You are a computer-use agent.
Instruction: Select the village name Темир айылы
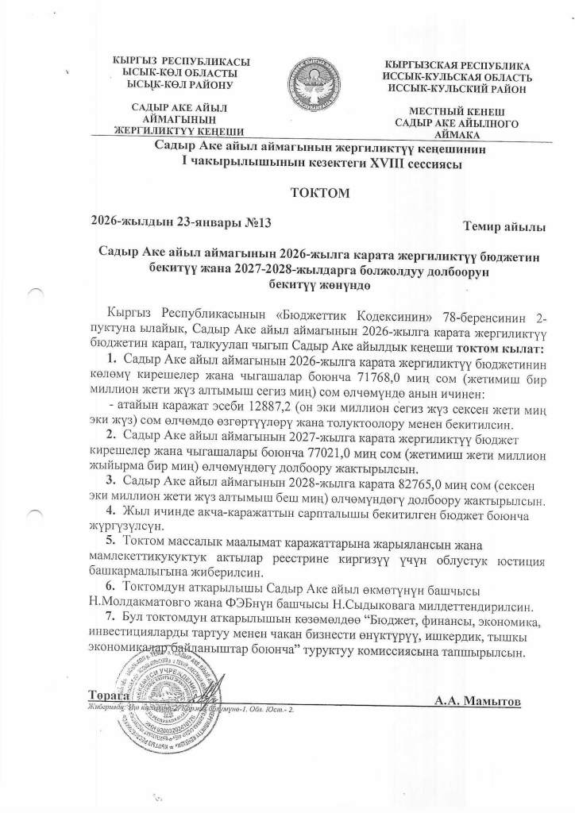[504, 228]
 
